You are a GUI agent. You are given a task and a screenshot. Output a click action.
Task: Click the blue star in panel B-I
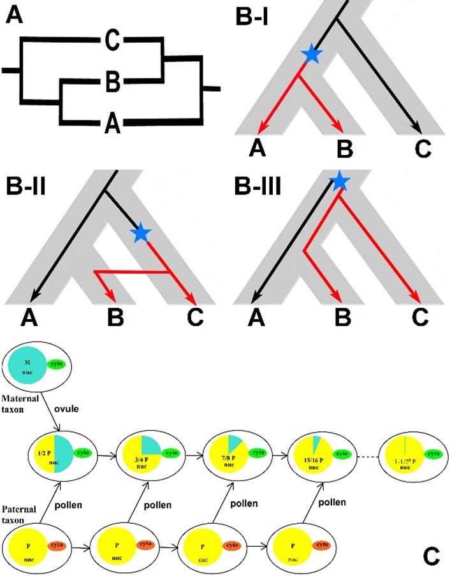point(311,55)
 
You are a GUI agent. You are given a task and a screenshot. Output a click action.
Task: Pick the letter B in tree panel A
point(113,82)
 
